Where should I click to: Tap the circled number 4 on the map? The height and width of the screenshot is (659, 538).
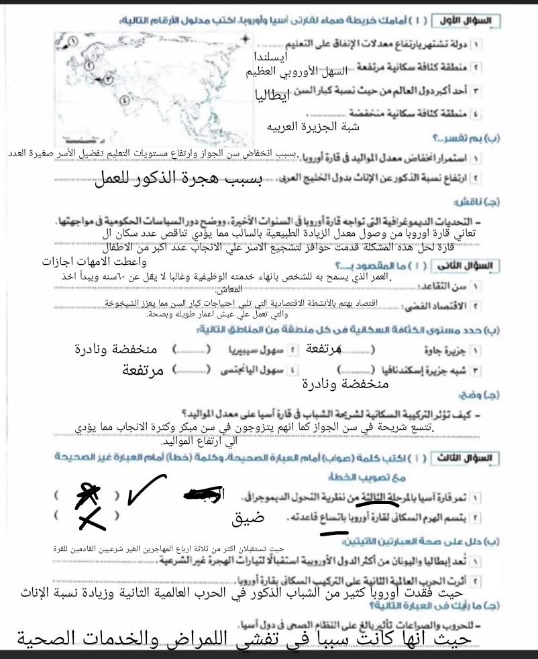pyautogui.click(x=123, y=100)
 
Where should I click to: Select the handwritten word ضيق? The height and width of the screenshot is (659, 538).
pyautogui.click(x=248, y=518)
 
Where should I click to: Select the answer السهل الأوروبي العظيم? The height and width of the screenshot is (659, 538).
pyautogui.click(x=313, y=70)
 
